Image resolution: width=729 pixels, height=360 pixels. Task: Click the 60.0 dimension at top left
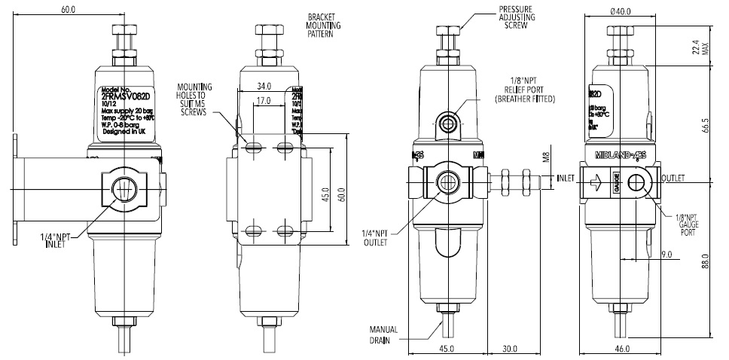pyautogui.click(x=69, y=10)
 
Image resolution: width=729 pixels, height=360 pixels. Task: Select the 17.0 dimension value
pyautogui.click(x=263, y=99)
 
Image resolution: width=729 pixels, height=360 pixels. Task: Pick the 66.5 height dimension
pyautogui.click(x=706, y=124)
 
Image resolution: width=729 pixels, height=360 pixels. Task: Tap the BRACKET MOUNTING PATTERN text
pyautogui.click(x=325, y=26)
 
